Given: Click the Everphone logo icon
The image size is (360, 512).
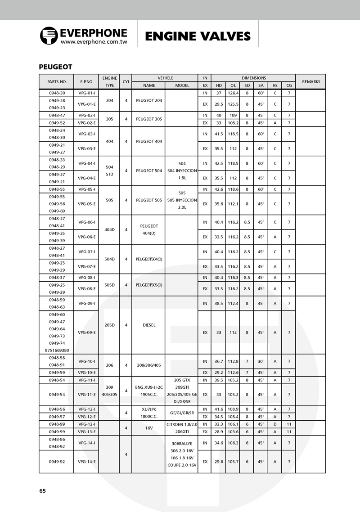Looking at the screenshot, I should coord(49,35).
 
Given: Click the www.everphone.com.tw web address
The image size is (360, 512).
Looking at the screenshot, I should coord(94,42).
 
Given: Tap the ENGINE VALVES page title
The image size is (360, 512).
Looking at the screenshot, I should coord(198,36).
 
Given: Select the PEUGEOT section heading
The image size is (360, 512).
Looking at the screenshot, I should coord(55,67).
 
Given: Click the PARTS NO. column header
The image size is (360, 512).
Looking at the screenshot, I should coord(57,82).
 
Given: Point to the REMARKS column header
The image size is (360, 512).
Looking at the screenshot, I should coord(311,82).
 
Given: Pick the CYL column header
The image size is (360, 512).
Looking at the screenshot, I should coord(126,82).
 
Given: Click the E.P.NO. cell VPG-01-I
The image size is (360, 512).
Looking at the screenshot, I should coord(86,93).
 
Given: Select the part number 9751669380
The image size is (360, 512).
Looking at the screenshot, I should coord(57,350).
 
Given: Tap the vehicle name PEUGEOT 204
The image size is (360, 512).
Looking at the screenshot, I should coord(148,100).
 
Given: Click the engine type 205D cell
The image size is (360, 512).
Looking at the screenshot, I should coord(109,325).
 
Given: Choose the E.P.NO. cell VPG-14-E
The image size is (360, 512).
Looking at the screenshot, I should coord(86,462).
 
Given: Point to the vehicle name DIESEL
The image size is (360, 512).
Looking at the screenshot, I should coord(148,325).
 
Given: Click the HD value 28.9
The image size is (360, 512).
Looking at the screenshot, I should coord(219,431).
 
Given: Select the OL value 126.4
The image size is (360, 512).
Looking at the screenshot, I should coord(233,93).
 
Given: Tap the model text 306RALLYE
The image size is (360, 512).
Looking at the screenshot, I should coord(182,443).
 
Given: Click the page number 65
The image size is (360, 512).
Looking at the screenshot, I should coord(42,491).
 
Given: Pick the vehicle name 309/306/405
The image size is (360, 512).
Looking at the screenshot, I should coord(148,365).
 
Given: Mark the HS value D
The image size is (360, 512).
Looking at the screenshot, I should coord(274,424).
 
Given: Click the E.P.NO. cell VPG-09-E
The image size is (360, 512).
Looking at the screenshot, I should coord(86,332).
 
